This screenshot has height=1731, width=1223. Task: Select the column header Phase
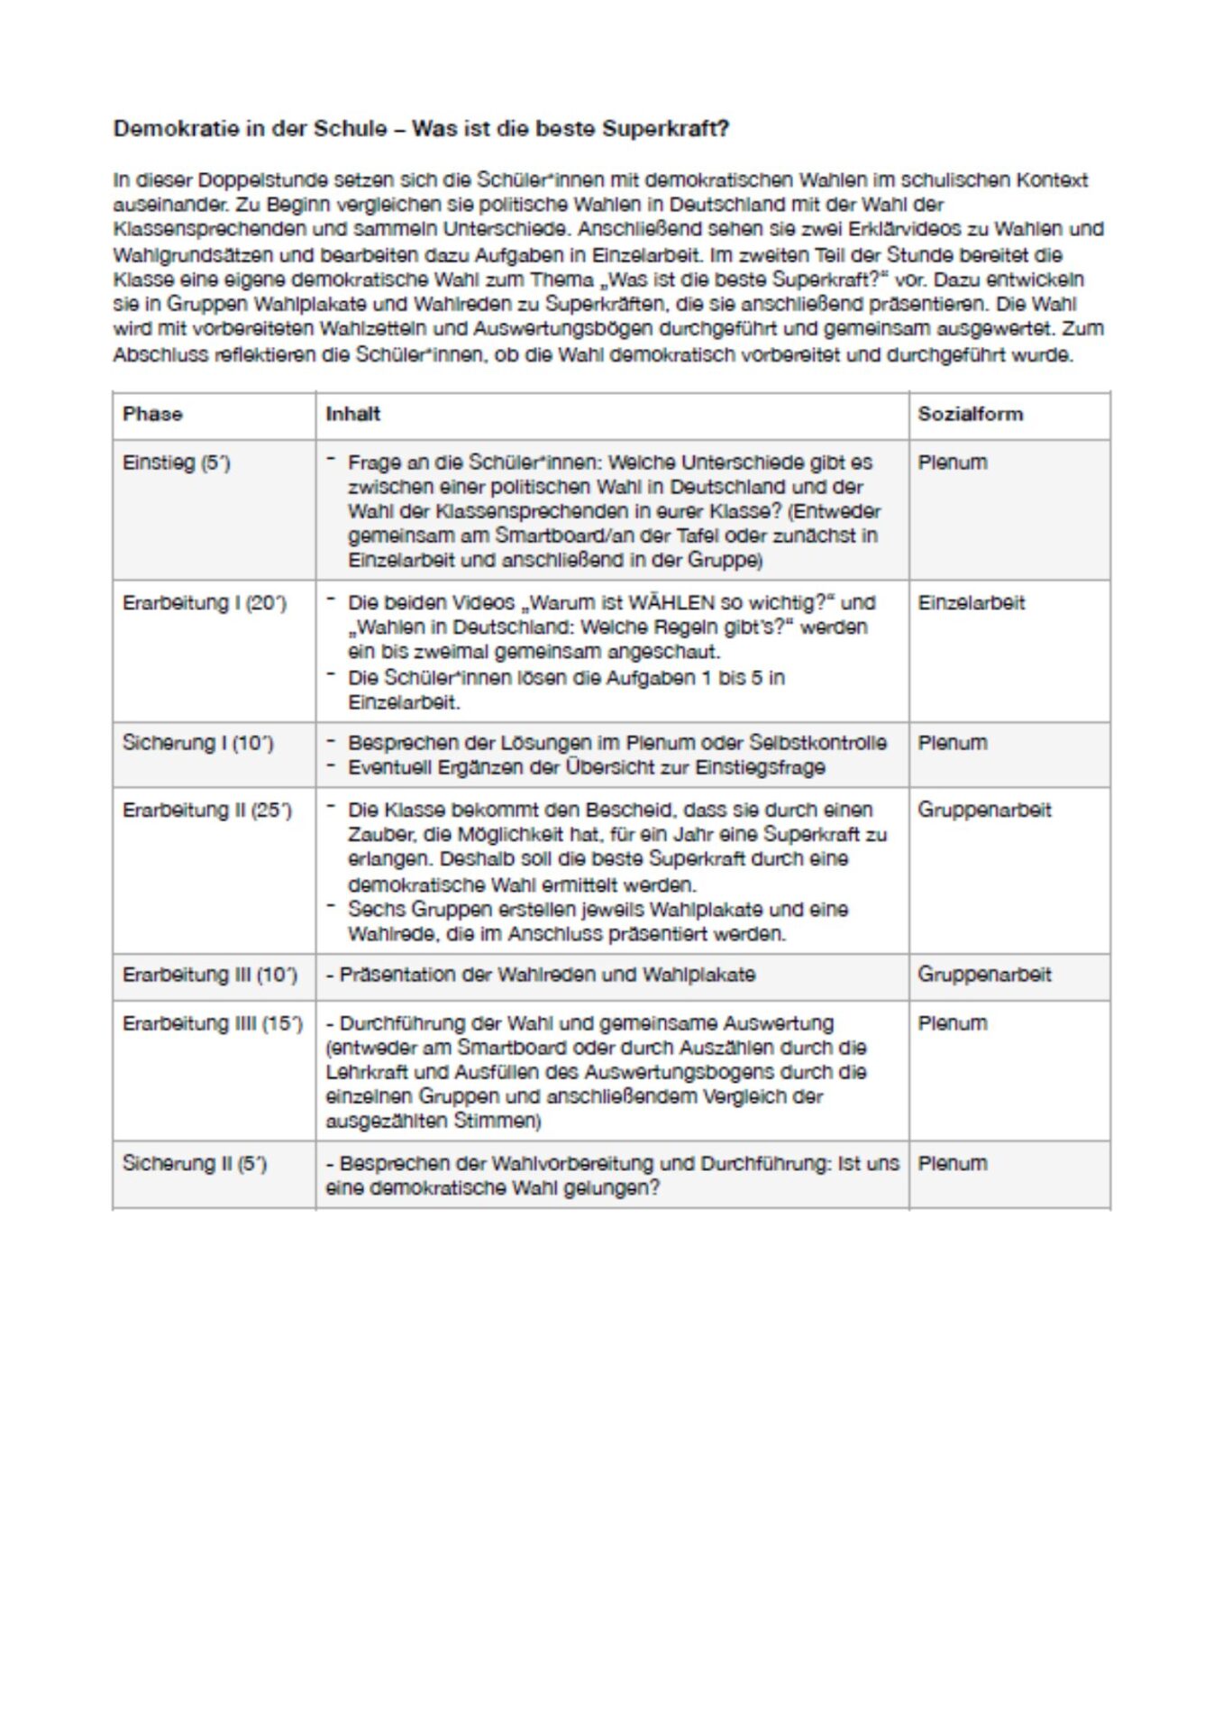[x=152, y=414]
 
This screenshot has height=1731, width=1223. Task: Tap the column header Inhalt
[x=353, y=414]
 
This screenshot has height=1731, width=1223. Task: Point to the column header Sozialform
[x=971, y=414]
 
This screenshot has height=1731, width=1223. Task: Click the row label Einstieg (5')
[x=177, y=463]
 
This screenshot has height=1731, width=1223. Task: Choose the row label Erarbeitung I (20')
[x=205, y=603]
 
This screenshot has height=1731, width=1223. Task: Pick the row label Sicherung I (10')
[x=198, y=743]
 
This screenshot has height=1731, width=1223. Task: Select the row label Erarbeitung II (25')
[x=207, y=810]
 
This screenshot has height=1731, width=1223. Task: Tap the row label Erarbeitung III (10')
[x=210, y=975]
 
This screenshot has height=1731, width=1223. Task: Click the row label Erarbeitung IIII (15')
[x=213, y=1023]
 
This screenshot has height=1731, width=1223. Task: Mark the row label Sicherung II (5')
[x=195, y=1163]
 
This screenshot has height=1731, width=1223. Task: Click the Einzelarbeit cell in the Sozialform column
[x=972, y=603]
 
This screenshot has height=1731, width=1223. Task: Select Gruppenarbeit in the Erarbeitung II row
[x=984, y=810]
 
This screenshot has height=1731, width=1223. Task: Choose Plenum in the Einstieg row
[x=953, y=463]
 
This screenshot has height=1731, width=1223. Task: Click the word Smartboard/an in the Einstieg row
[x=555, y=536]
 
